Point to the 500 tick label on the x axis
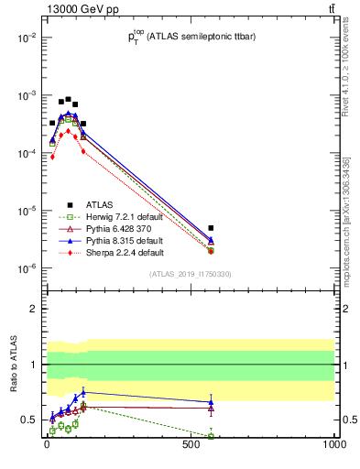click(191, 448)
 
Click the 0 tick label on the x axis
click(47, 448)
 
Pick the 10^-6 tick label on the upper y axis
click(27, 268)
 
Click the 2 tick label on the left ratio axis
click(33, 310)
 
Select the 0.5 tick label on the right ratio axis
click(347, 420)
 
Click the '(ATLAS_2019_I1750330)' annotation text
click(191, 274)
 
